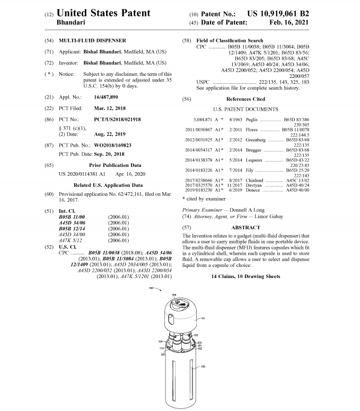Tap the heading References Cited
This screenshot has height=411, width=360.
pos(245,99)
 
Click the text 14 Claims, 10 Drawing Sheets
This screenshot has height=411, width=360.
pos(245,276)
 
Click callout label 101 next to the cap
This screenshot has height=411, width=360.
pos(202,319)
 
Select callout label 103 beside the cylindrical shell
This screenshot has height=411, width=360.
pos(203,367)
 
